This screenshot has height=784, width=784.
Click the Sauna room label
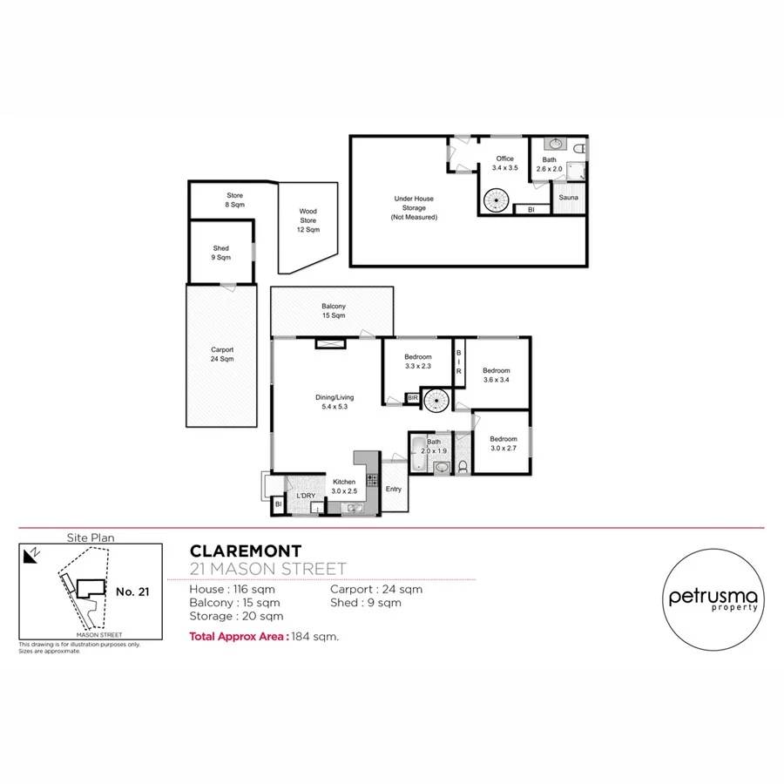click(569, 198)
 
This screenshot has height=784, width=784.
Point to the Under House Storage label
click(413, 207)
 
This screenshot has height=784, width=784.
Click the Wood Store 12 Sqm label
click(308, 220)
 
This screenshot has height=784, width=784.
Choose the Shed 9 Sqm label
click(221, 253)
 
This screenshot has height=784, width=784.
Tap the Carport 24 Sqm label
click(221, 354)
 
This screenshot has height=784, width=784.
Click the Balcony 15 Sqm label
click(333, 311)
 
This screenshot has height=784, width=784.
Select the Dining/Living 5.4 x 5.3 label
click(333, 402)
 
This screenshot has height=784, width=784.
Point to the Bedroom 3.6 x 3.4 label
click(496, 375)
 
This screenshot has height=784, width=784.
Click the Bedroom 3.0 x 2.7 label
click(503, 443)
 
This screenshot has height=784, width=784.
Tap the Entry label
click(394, 489)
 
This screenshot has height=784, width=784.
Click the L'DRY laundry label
click(305, 496)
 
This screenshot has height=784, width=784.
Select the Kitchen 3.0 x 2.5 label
click(342, 485)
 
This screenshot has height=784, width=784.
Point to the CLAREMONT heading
click(246, 551)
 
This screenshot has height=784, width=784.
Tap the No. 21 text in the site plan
click(132, 591)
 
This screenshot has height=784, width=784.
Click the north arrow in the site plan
click(32, 554)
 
